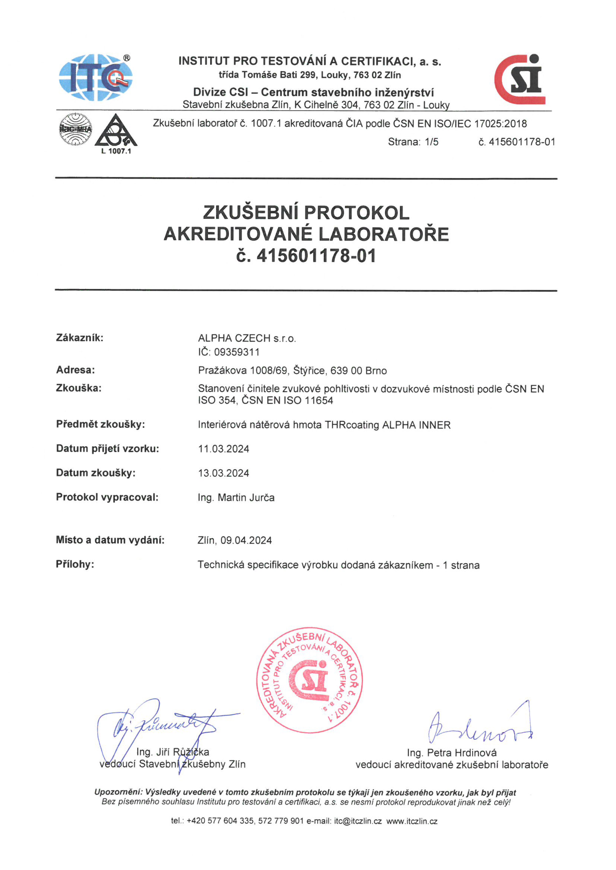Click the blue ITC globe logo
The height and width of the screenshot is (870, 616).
click(x=96, y=77)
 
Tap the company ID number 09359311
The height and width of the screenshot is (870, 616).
click(x=237, y=352)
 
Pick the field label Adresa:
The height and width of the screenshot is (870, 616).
click(x=76, y=370)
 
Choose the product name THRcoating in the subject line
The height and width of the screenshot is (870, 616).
click(x=352, y=425)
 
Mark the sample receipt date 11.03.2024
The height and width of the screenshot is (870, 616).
click(x=223, y=449)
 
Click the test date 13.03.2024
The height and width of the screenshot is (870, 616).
click(x=223, y=473)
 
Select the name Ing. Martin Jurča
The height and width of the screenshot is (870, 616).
click(x=236, y=498)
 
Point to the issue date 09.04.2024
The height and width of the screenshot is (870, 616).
click(x=246, y=540)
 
